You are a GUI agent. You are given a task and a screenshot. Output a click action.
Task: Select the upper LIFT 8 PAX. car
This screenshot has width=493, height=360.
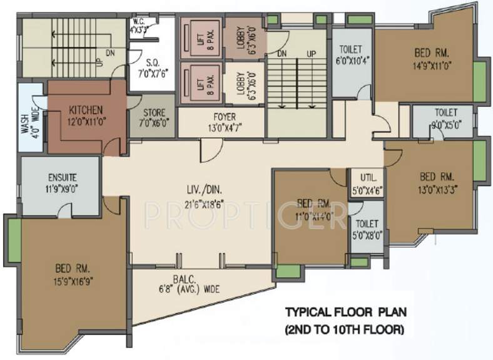click(201, 37)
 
